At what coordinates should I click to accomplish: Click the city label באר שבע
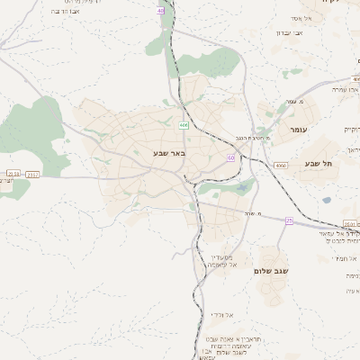coord(168,154)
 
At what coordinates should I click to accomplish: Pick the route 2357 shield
coord(32,174)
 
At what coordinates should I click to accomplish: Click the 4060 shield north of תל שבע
coord(307,165)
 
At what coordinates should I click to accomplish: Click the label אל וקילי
coord(220,314)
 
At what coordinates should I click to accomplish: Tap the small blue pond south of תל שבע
coord(326,200)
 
